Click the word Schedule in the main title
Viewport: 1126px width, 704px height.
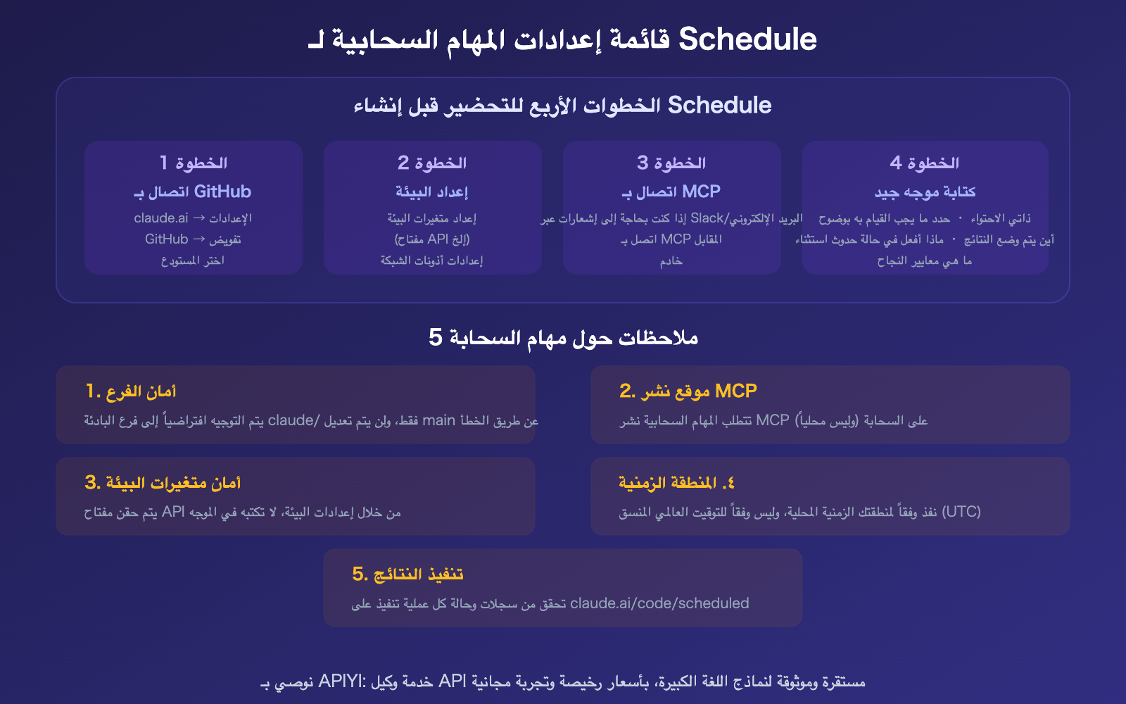[747, 39]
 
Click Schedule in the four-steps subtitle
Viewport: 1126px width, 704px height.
[719, 106]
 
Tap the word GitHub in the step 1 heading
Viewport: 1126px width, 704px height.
[222, 191]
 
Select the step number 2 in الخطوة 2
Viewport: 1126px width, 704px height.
[403, 163]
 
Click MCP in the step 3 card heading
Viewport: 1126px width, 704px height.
[701, 191]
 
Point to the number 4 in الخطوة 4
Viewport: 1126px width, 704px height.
[896, 163]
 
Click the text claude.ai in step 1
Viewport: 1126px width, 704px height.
[161, 218]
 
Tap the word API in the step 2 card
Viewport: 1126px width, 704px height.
[438, 239]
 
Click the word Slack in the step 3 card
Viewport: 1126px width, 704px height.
[707, 218]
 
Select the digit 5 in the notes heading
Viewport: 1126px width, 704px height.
[436, 338]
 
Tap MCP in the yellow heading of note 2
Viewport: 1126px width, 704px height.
[735, 391]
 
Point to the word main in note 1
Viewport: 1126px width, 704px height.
[438, 421]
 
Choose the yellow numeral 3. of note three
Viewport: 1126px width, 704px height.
[93, 483]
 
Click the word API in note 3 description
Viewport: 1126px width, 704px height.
[173, 512]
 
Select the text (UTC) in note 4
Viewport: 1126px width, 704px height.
[961, 512]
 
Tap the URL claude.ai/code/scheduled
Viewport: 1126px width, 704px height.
[659, 603]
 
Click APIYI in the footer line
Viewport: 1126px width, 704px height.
[341, 681]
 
